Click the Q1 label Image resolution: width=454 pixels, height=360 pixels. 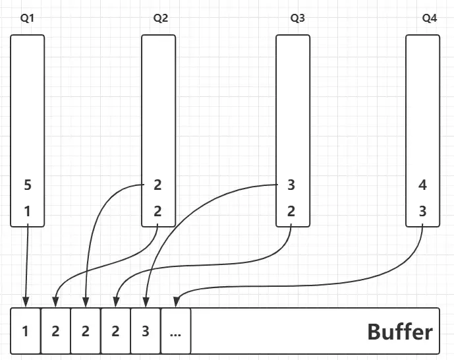coord(27,18)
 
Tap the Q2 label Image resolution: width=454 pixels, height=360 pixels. coord(160,18)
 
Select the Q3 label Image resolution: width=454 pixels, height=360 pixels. coord(297,18)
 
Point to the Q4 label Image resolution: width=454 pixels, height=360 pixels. coord(429,18)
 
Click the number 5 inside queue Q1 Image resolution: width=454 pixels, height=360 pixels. coord(27,185)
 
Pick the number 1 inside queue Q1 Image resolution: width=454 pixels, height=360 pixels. coord(27,212)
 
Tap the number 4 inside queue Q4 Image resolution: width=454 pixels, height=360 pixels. coord(422,185)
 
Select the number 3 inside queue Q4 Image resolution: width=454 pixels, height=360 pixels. coord(422,212)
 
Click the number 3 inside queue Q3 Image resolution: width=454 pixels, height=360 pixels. coord(291,185)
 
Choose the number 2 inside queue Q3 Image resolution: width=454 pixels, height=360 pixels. coord(291,212)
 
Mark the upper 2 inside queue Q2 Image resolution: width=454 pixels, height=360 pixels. coord(157,185)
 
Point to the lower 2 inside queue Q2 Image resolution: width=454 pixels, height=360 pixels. coord(157,212)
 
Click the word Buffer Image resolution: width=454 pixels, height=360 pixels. coord(400,331)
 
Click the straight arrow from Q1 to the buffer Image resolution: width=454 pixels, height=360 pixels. coord(27,264)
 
